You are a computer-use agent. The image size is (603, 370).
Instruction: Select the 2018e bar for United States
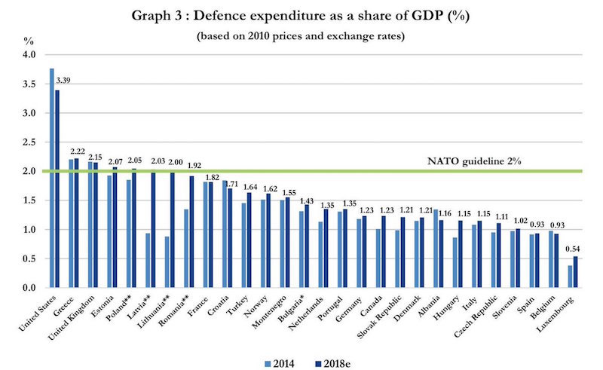pyautogui.click(x=56, y=188)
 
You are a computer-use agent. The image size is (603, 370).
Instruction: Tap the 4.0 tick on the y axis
pyautogui.click(x=29, y=55)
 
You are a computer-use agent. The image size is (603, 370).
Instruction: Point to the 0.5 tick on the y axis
pyautogui.click(x=29, y=258)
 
